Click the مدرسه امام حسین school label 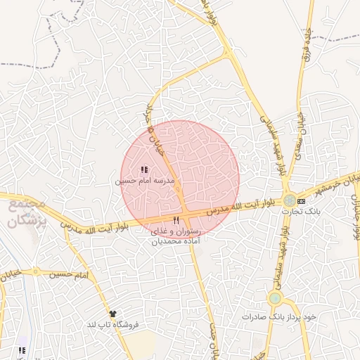144,181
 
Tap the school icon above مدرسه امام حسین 144,169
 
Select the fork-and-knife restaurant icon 176,221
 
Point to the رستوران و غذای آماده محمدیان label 176,236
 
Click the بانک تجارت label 301,210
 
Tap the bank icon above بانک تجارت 302,200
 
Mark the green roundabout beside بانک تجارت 289,200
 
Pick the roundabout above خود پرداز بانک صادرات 274,298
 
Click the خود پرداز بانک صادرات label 279,316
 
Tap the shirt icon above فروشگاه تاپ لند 112,313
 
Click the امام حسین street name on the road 71,274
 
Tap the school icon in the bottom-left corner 22,349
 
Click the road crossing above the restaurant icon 185,211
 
